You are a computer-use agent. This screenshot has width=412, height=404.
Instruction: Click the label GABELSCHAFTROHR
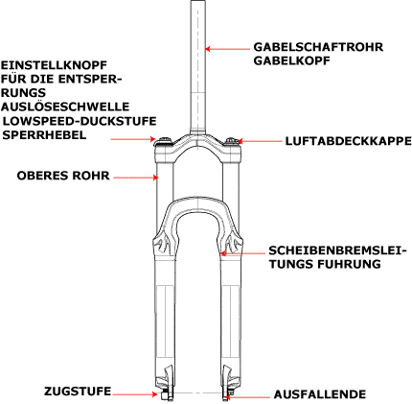[318, 47]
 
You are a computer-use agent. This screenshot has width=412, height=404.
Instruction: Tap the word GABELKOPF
[291, 60]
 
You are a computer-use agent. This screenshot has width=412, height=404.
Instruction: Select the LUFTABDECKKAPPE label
[349, 141]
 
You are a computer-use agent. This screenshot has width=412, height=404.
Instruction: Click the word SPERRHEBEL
[44, 134]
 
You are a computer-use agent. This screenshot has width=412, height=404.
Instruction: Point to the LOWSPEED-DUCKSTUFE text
[80, 121]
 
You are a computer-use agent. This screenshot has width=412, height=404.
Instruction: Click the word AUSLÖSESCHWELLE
[65, 107]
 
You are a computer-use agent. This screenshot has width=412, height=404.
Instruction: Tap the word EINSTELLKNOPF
[54, 65]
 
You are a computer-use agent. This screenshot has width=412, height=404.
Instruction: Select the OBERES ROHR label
[63, 176]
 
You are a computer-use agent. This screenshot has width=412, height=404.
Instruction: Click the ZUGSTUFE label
[78, 392]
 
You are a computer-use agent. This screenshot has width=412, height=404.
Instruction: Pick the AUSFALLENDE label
[320, 394]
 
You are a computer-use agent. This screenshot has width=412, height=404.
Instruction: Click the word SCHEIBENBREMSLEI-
[337, 250]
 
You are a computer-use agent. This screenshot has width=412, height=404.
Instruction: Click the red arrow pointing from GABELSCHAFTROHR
[227, 49]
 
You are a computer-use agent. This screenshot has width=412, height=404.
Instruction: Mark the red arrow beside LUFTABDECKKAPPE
[260, 141]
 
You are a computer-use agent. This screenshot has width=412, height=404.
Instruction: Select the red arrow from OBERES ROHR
[136, 178]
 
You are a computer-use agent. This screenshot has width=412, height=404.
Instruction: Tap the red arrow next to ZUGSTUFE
[135, 394]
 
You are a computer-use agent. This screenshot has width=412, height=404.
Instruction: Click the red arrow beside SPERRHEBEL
[133, 139]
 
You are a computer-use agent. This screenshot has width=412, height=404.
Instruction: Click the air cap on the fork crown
[231, 141]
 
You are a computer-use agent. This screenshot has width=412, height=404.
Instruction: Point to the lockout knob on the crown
[164, 141]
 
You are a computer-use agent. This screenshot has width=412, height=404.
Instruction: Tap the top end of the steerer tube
[198, 1]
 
